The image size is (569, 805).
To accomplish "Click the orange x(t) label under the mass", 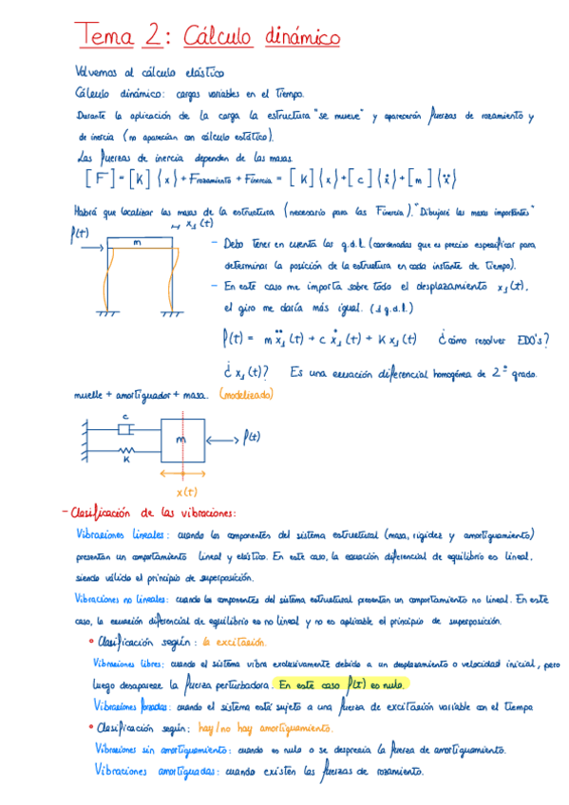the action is click(186, 491).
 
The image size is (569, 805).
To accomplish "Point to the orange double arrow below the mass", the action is click(183, 475).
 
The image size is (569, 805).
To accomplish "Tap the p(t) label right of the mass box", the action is click(251, 437).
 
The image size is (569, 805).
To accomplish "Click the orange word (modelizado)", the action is click(245, 393).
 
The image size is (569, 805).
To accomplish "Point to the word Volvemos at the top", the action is click(99, 72).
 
